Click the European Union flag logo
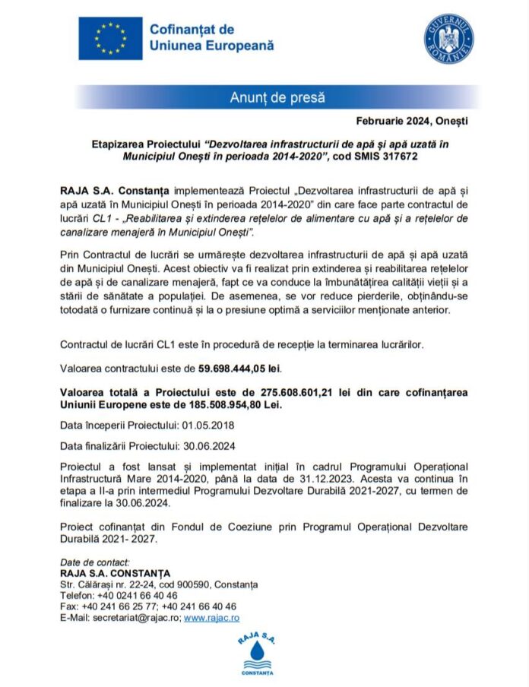point(110,38)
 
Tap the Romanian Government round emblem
point(448,38)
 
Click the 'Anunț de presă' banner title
point(277,97)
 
